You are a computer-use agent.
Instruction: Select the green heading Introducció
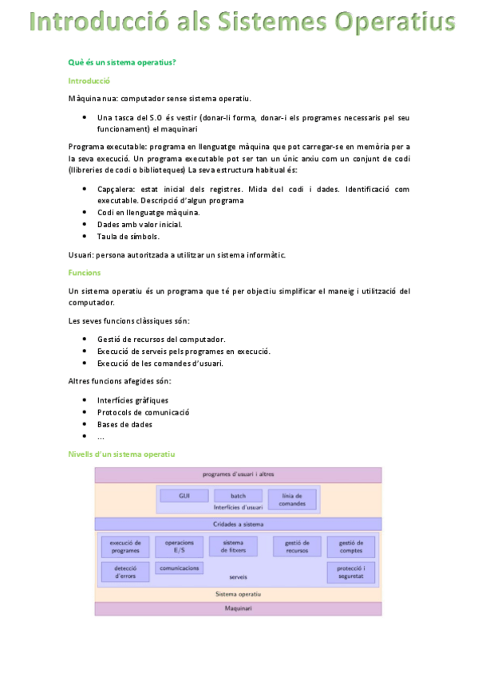point(89,81)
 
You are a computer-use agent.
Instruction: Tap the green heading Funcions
point(85,273)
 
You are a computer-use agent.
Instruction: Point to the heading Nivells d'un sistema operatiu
point(121,454)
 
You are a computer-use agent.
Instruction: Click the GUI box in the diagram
point(184,496)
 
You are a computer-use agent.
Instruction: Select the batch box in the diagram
point(238,496)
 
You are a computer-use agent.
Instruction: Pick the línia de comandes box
point(291,499)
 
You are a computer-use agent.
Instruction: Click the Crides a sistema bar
point(238,524)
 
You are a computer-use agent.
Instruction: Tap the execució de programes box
point(125,546)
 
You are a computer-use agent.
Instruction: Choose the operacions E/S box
point(179,546)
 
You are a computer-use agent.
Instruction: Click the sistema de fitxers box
point(233,546)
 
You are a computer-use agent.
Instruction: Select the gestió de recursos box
point(297,546)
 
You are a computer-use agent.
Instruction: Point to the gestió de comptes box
point(350,546)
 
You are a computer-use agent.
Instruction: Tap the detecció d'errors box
point(125,572)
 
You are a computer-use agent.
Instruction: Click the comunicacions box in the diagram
point(179,568)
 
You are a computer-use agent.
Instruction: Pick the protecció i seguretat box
point(350,572)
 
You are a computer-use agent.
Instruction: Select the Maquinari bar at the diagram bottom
point(238,609)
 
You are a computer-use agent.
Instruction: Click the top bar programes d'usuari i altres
point(238,474)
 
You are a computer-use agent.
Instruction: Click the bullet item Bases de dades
point(124,424)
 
